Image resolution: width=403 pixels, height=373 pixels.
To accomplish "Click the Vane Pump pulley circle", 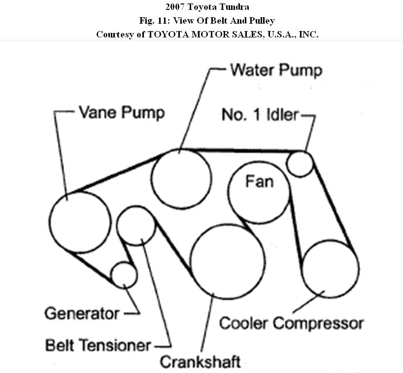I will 80,222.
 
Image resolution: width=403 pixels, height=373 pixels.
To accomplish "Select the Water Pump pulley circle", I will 181,178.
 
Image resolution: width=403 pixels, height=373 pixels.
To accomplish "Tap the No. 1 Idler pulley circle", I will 300,164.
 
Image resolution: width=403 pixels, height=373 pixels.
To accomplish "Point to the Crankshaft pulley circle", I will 227,263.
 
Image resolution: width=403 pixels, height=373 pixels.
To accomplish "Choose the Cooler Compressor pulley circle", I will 330,269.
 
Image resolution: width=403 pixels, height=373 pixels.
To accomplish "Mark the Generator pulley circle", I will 124,274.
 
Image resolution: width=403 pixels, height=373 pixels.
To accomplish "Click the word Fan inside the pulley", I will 259,182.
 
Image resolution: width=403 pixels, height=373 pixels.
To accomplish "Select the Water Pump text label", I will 276,70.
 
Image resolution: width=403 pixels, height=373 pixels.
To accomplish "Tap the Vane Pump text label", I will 121,112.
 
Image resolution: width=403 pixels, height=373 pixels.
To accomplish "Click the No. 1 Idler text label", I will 260,115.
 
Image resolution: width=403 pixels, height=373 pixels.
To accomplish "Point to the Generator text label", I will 82,313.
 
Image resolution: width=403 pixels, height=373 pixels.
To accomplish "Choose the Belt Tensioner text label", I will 98,345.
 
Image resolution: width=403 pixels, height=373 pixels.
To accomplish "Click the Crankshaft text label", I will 200,362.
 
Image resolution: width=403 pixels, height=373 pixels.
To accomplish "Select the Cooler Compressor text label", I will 291,324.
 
